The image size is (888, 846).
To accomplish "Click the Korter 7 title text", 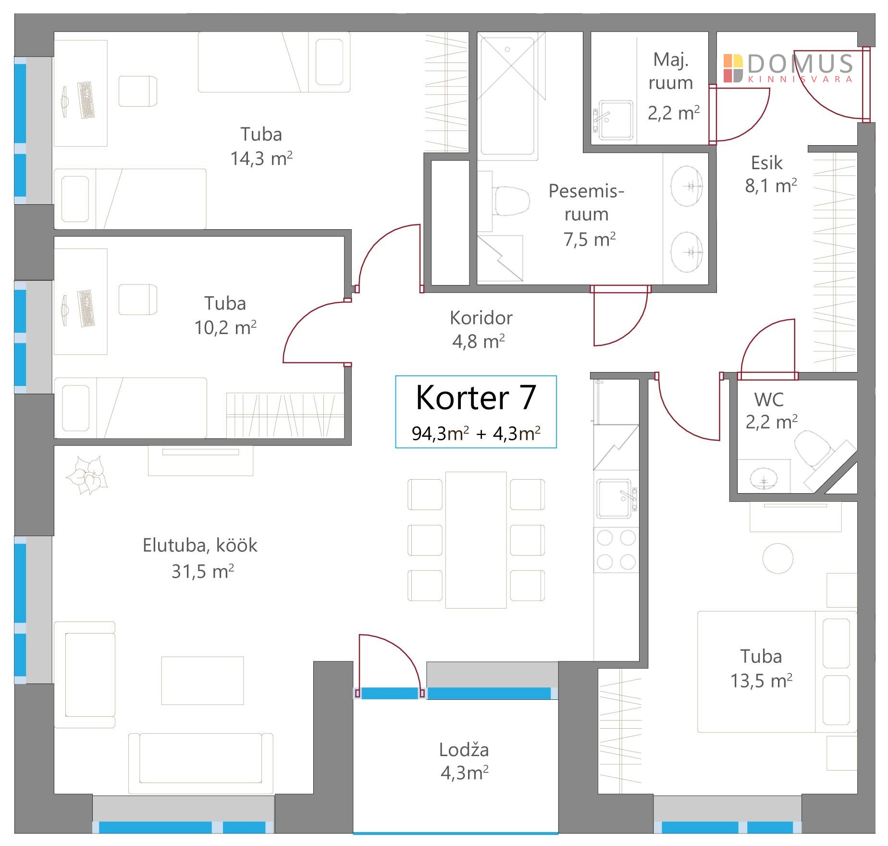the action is [x=476, y=398].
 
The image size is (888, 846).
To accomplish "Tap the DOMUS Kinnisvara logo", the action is [x=788, y=68].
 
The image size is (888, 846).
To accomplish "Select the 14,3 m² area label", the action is [x=261, y=158].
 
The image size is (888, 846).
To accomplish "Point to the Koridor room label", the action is [x=481, y=318].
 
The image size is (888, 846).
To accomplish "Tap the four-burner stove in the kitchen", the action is [x=617, y=550].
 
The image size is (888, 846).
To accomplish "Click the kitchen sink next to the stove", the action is [x=617, y=499].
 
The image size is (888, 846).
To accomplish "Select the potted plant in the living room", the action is [x=86, y=475].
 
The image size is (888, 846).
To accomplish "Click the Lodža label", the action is [x=464, y=749].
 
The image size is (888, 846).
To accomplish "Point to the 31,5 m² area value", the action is [x=203, y=572].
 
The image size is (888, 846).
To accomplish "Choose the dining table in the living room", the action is [x=476, y=540].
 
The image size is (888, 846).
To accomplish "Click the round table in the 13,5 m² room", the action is [x=778, y=558].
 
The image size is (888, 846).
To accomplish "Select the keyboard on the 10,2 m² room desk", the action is [x=86, y=309].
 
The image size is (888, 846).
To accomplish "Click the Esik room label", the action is [x=766, y=163].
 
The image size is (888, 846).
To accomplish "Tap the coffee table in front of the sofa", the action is [x=202, y=680].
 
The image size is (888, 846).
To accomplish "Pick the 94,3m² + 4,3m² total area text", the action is [x=476, y=434].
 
